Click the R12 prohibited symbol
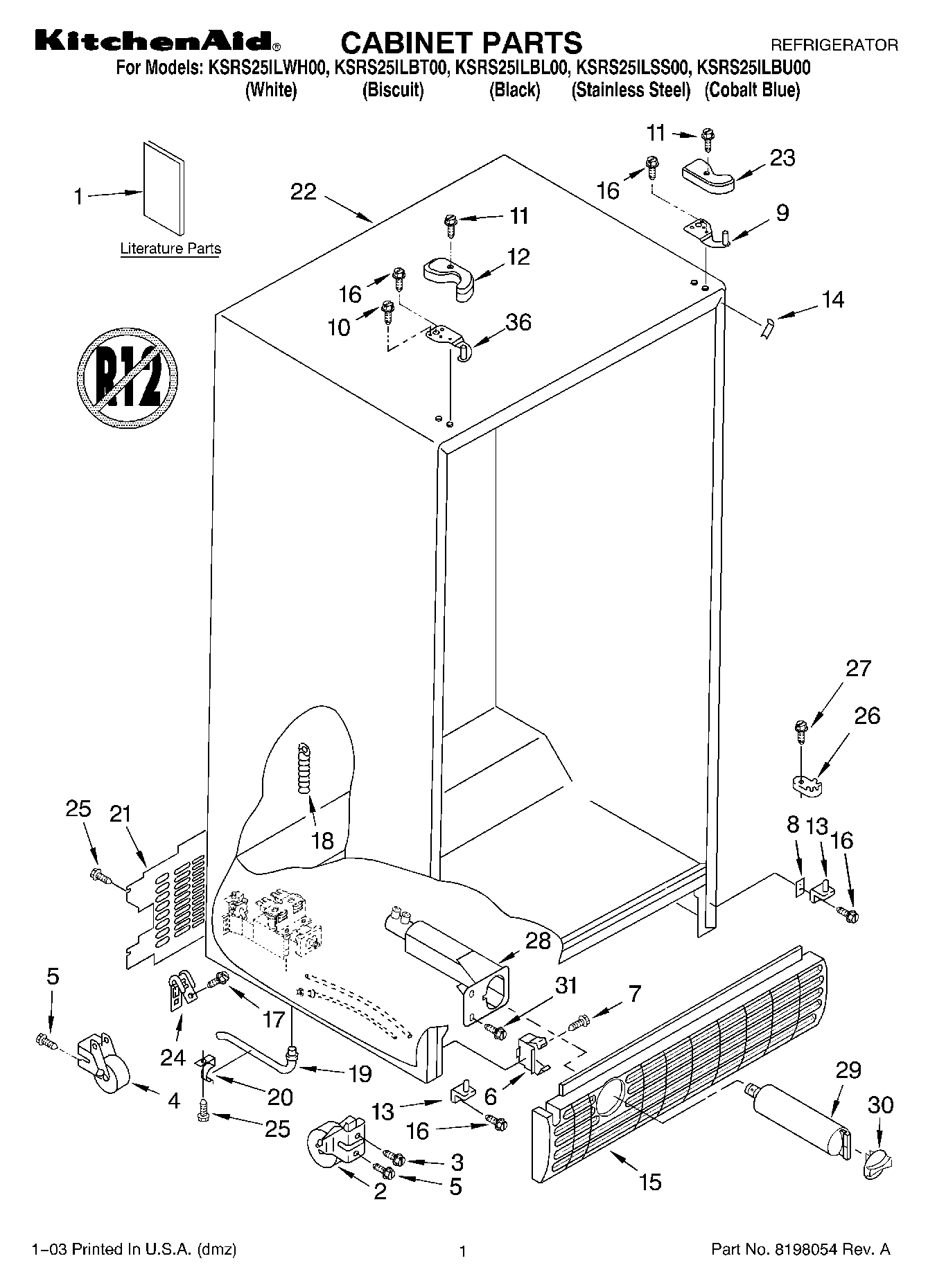click(x=127, y=375)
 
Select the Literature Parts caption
click(x=170, y=249)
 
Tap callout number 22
click(x=304, y=192)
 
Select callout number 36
click(x=518, y=322)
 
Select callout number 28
click(x=539, y=940)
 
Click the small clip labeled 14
click(x=766, y=326)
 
